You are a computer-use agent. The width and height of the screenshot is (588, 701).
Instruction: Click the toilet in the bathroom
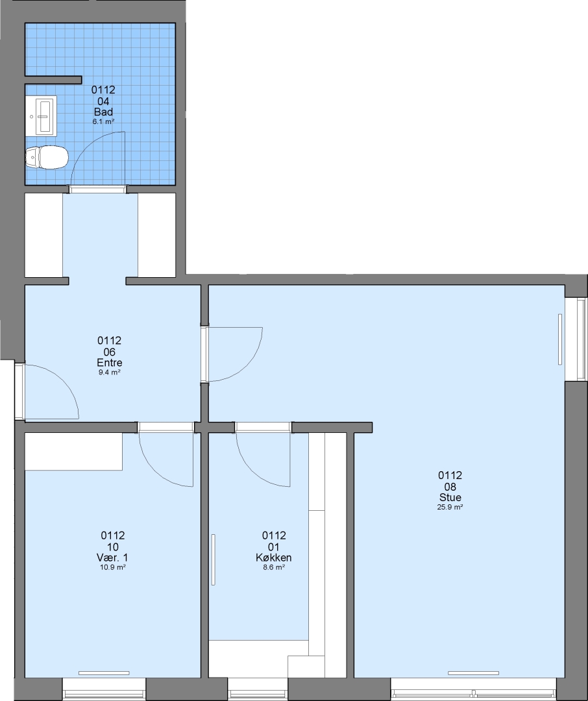[x=47, y=157]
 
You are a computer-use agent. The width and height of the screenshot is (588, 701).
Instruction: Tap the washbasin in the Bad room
[x=41, y=116]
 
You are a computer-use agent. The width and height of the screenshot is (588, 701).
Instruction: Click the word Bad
[x=103, y=112]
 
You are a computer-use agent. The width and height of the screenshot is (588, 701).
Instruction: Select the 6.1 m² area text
[x=103, y=121]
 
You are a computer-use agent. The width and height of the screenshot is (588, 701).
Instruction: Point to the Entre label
[x=110, y=363]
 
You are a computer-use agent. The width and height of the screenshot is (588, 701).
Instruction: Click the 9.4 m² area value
[x=110, y=372]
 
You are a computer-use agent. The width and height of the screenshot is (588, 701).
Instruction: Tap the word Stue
[x=450, y=497]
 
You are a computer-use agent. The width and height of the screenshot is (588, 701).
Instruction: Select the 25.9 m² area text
[x=450, y=507]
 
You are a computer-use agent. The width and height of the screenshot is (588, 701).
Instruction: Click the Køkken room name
[x=274, y=558]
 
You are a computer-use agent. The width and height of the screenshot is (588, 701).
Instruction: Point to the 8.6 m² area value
[x=274, y=567]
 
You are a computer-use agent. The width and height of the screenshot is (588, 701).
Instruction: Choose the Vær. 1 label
[x=112, y=558]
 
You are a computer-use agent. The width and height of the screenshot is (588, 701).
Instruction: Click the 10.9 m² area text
[x=112, y=567]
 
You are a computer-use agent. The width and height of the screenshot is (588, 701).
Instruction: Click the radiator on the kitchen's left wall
[x=214, y=560]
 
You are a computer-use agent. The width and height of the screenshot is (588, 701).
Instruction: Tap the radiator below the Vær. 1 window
[x=104, y=673]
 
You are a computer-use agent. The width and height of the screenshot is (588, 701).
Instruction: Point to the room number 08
[x=450, y=486]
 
